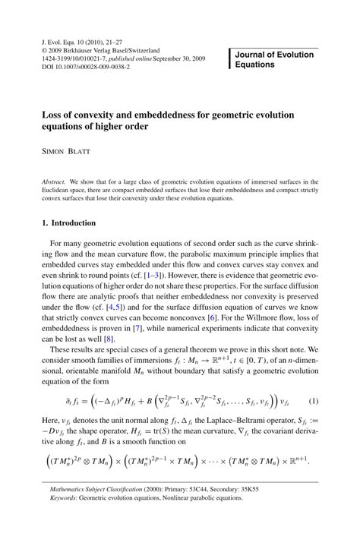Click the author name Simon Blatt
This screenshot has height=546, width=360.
66,152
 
